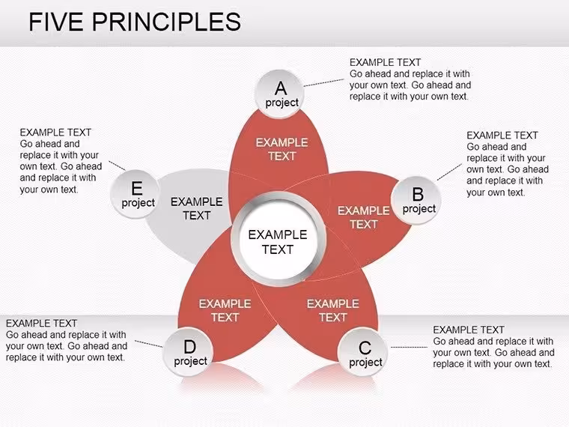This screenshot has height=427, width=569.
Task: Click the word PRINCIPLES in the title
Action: [x=166, y=22]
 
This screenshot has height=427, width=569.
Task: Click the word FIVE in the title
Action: [x=56, y=22]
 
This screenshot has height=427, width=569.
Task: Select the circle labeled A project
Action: [x=279, y=94]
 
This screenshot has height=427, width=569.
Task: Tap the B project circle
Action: [x=416, y=201]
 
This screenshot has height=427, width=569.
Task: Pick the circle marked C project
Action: [x=362, y=352]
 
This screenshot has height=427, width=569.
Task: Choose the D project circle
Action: [x=188, y=351]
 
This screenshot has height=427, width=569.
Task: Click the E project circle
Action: [x=135, y=194]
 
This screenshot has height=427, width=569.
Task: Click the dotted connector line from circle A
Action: [x=323, y=82]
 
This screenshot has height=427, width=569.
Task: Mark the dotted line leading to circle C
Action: [x=409, y=347]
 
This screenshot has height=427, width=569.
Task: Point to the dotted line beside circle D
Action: [x=149, y=344]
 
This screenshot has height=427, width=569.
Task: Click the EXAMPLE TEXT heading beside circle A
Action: [x=385, y=62]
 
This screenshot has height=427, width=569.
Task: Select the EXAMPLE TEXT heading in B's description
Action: [x=502, y=136]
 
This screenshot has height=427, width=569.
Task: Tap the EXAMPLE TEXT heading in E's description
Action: [x=55, y=133]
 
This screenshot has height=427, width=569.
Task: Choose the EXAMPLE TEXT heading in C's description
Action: [x=469, y=330]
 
